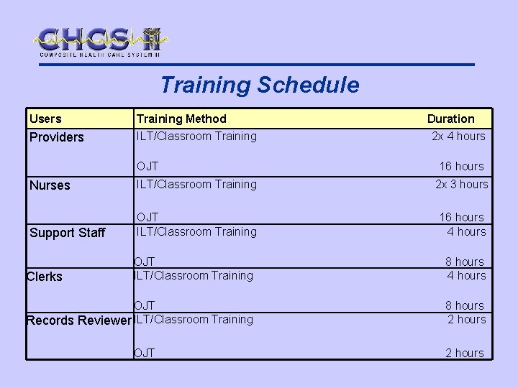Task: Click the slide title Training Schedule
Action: tap(259, 85)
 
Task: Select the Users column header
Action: tap(45, 119)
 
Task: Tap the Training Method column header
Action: tap(181, 119)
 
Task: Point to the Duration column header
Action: tap(450, 119)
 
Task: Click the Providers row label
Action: tap(57, 137)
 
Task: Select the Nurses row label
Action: tap(50, 185)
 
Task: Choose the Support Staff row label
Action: tap(67, 232)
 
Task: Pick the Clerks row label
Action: tap(45, 276)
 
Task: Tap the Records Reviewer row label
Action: tap(79, 320)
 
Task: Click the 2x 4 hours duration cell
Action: tap(458, 136)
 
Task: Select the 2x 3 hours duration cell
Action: tap(461, 184)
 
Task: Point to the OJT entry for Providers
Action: tap(147, 167)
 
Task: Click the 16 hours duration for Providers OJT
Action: tap(461, 166)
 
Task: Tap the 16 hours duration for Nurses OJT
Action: tap(461, 217)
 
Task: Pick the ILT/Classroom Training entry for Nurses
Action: tap(196, 184)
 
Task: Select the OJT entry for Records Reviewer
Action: tap(145, 353)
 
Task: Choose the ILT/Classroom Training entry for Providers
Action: tap(196, 136)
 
